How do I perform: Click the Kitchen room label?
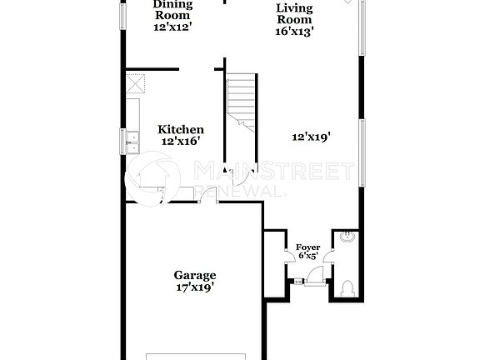coord(181,130)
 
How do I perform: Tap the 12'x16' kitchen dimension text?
coord(181,142)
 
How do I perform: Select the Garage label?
coord(195,275)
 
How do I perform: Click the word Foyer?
coord(307,247)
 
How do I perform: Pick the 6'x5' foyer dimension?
coord(307,257)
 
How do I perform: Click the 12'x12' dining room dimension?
coord(172,27)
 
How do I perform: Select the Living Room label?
coord(294,14)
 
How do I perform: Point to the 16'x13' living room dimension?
coord(294,32)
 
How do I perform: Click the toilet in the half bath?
coord(347,288)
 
